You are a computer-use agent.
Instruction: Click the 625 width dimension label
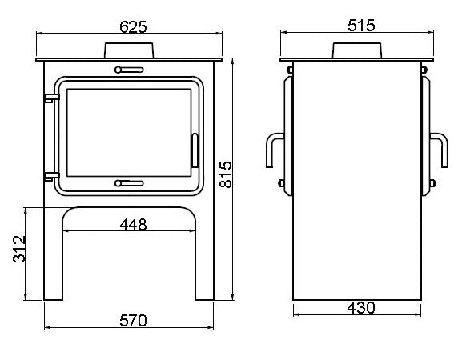point(133,27)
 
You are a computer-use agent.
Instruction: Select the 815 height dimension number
point(226,174)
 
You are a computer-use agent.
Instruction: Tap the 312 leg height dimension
point(19,249)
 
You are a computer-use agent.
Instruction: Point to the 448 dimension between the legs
point(133,225)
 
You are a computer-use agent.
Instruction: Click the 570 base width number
point(133,320)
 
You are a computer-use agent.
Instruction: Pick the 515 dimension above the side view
point(361,26)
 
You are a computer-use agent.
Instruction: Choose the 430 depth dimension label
point(361,308)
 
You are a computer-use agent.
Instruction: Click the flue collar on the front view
point(129,50)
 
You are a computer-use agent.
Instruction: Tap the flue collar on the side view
point(357,50)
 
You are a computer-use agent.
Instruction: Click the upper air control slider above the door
point(129,70)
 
